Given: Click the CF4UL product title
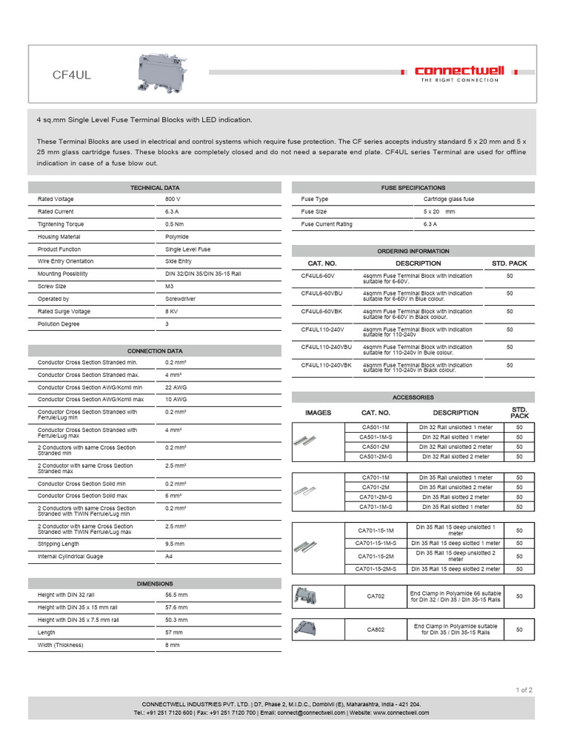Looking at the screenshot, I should pos(71,75).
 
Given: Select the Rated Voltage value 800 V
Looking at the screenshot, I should pos(173,199).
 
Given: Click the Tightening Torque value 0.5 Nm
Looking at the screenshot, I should pos(174,224).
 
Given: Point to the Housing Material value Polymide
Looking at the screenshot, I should pos(177,237).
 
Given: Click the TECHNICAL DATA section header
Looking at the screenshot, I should pos(155,188).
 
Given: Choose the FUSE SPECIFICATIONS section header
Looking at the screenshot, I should pos(413,188).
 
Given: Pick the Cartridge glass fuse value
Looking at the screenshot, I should pos(449,199).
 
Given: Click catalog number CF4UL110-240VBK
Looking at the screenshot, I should pos(326,364).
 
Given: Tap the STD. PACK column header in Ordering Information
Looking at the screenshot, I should pos(509,263).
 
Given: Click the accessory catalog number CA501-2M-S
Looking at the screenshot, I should pos(376,457).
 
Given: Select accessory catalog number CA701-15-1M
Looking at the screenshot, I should pos(376,530).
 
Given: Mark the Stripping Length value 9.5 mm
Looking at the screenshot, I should pos(174,544).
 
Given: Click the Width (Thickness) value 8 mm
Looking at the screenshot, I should pos(172,645).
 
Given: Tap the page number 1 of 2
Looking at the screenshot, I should pos(524,689).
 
